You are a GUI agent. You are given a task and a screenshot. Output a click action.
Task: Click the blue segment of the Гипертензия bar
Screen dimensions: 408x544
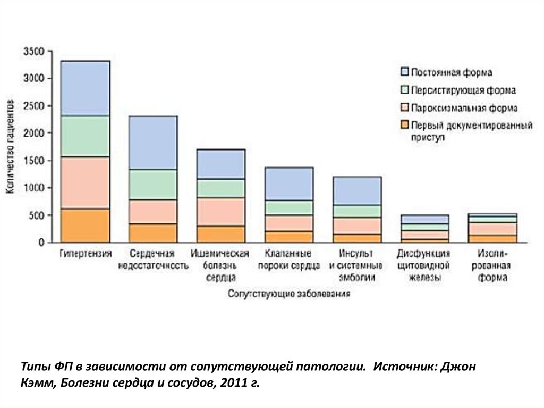tap(85, 89)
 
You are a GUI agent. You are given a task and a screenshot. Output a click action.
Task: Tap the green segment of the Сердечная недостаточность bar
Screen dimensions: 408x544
tap(153, 185)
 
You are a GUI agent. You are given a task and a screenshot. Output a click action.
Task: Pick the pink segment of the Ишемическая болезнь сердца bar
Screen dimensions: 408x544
tap(220, 212)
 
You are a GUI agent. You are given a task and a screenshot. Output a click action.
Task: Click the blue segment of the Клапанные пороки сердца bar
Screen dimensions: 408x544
tap(288, 184)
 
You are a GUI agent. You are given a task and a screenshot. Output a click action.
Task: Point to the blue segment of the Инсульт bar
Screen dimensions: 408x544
tap(357, 191)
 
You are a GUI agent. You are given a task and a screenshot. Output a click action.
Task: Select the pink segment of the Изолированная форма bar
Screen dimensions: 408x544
tap(492, 229)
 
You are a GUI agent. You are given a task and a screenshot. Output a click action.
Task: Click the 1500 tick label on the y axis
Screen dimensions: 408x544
tap(34, 161)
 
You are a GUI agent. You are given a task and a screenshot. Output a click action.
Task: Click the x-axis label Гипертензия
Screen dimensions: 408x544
tap(85, 253)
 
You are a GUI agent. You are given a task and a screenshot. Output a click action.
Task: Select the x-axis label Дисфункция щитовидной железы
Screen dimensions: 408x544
tap(424, 265)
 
